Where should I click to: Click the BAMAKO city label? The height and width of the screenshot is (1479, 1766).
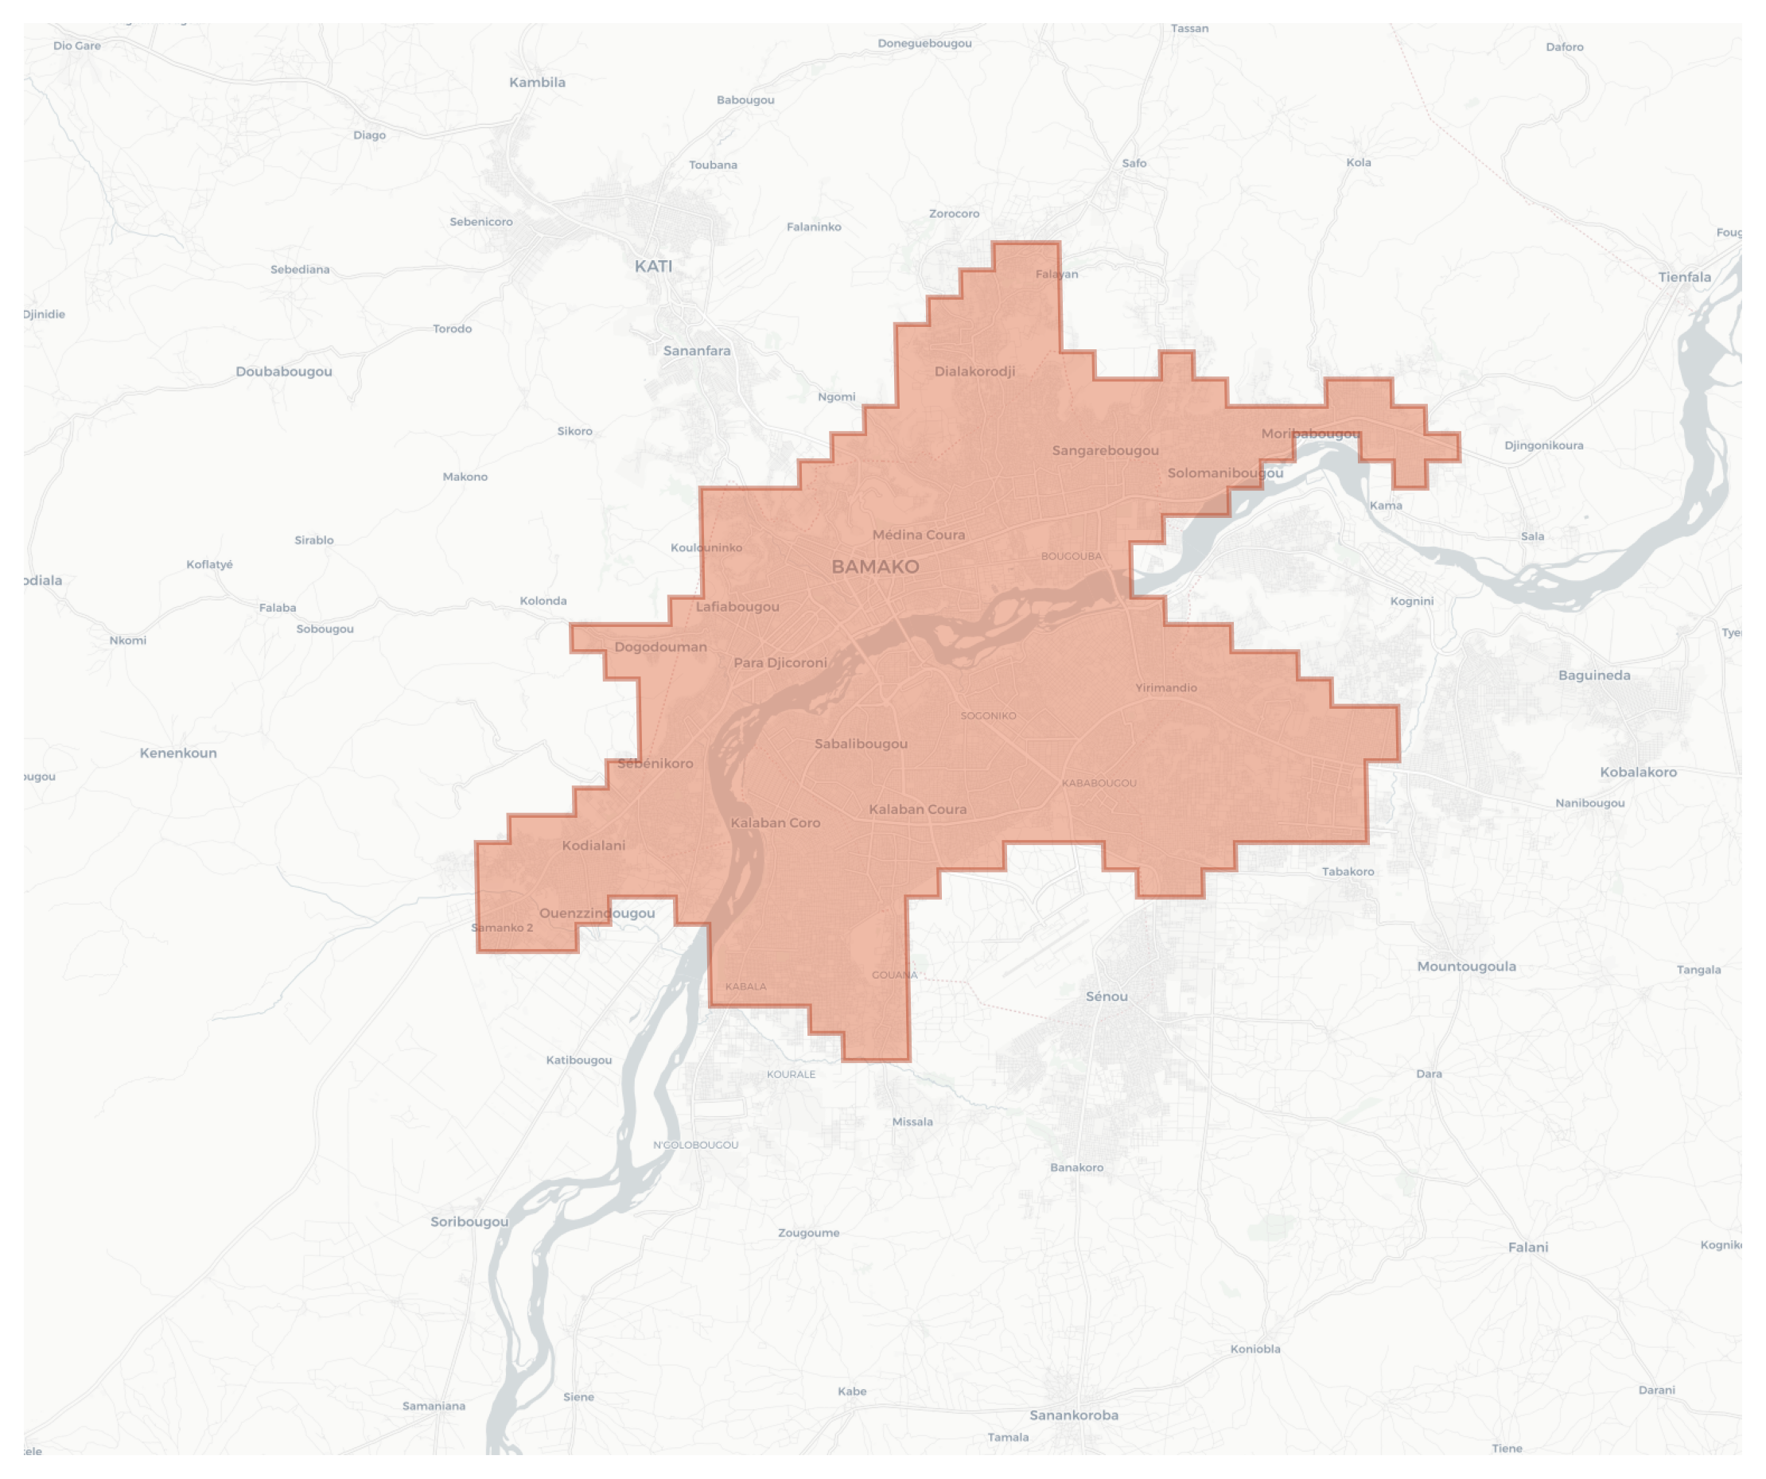874,566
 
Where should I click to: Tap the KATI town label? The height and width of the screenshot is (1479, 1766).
653,267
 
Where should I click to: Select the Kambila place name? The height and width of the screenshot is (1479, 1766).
538,83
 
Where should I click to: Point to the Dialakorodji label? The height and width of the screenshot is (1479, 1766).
974,371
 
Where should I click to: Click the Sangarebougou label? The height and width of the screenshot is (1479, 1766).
1105,450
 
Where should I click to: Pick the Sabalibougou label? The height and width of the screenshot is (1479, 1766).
860,743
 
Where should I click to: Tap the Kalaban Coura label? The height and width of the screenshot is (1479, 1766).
917,809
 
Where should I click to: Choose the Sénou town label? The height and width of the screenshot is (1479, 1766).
1106,996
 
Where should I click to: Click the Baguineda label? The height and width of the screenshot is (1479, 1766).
1593,675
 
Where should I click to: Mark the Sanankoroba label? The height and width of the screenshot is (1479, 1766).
1074,1415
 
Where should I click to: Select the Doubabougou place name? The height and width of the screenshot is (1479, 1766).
283,372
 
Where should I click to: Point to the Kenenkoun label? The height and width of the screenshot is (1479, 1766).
178,753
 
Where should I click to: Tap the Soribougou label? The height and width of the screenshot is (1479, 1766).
469,1222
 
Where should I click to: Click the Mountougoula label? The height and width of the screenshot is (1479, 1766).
1467,966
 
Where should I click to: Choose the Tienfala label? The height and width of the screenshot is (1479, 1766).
1683,278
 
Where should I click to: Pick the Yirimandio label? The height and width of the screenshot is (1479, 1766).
1165,688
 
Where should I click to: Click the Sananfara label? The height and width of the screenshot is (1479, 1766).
696,351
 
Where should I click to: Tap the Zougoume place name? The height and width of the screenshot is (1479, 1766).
808,1232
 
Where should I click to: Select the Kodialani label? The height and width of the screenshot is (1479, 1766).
593,845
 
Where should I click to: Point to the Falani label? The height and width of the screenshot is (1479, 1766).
1527,1247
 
